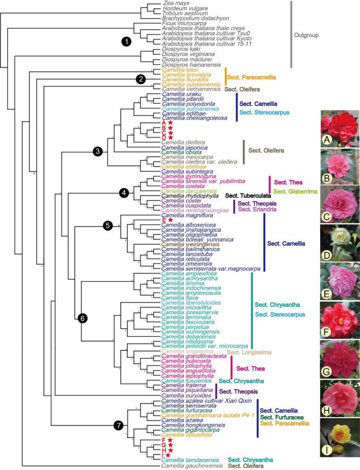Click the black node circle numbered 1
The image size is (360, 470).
126,40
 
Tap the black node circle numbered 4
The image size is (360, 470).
124,192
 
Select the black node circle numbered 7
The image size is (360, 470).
119,426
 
